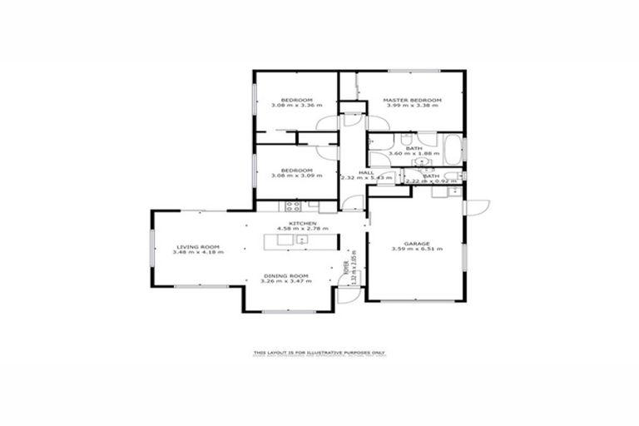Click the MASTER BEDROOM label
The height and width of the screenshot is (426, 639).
pos(412,100)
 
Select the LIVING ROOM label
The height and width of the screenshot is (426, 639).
pos(197,246)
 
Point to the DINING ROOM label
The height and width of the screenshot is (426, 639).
pos(285,275)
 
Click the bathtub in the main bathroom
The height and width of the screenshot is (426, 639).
pos(451,151)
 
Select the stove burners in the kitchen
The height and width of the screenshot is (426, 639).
pos(292,206)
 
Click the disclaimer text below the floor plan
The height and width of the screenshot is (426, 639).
pos(319,354)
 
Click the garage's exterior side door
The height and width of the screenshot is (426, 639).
pos(477,207)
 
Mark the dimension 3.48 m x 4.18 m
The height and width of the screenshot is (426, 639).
pos(197,252)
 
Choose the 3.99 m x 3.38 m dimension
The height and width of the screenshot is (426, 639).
pos(412,106)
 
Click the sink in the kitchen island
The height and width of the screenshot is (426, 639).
pos(302,240)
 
